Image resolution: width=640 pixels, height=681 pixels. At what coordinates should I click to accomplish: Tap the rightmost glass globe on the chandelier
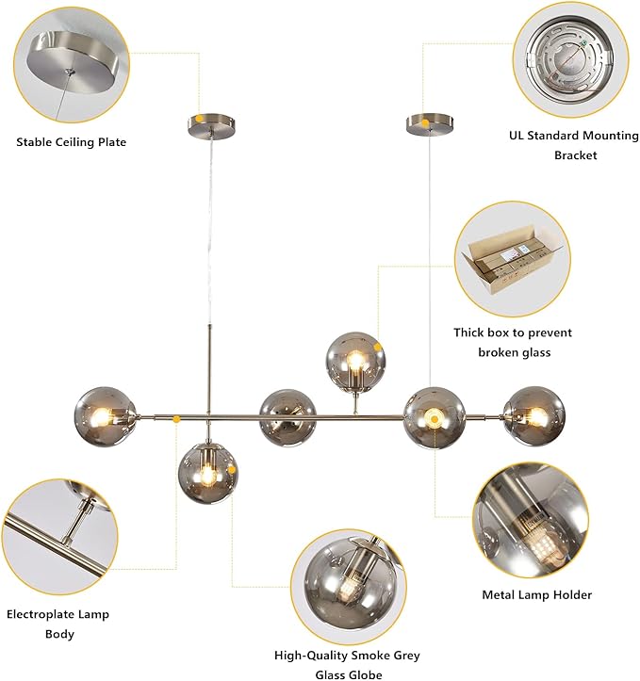534,416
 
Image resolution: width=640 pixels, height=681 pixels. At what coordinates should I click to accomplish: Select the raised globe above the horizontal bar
356,362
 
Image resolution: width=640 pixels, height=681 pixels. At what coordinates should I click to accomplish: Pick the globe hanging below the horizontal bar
208,474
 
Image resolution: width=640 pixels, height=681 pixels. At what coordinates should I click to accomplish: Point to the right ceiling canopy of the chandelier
430,124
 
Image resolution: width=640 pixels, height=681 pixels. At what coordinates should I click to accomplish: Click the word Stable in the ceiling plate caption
33,142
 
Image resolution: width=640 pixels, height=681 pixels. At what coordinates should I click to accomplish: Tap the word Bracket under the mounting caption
575,155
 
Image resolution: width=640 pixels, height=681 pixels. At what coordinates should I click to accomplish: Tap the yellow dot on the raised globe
378,347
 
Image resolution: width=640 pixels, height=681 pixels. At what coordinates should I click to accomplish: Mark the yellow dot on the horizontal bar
176,419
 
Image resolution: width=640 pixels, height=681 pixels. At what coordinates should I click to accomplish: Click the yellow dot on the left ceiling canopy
199,118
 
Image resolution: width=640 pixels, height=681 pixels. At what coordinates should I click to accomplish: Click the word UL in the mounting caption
517,136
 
